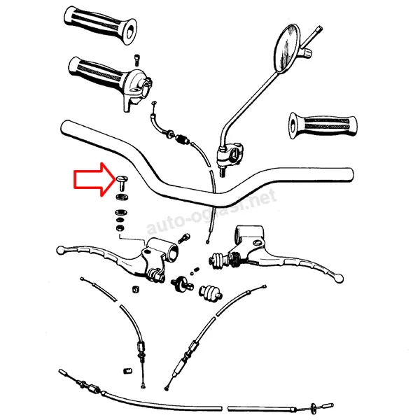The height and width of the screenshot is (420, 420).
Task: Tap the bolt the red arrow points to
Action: (x=122, y=183)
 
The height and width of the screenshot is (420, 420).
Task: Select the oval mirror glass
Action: (x=286, y=48)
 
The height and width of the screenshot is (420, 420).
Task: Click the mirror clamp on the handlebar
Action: (x=230, y=155)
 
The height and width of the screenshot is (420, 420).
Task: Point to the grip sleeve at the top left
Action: (x=100, y=25)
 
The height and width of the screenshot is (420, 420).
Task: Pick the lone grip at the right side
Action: (x=323, y=125)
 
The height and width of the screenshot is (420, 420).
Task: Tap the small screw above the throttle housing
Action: (x=137, y=59)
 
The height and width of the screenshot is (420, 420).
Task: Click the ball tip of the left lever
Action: (x=60, y=250)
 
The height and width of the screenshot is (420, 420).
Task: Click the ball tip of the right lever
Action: (x=339, y=278)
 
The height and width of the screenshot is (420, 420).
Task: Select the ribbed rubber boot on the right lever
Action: (x=219, y=260)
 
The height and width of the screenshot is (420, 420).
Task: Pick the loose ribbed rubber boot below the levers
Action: (x=210, y=293)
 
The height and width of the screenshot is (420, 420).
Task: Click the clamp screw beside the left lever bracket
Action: (x=184, y=238)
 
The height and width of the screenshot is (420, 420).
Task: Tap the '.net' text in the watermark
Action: (x=261, y=199)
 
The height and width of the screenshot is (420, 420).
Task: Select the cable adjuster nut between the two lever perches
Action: (x=182, y=283)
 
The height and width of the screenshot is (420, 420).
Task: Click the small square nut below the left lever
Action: (x=136, y=289)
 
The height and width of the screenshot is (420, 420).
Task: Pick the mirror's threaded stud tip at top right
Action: (x=319, y=28)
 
